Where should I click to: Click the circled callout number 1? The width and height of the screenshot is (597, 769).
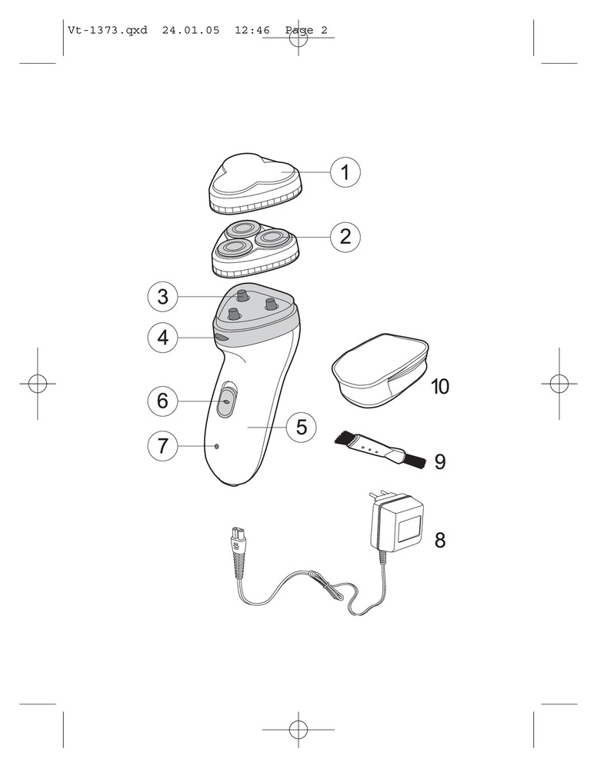tap(345, 172)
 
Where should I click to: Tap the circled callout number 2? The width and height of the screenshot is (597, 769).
tap(345, 237)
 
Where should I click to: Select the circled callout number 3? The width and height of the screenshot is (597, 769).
tap(163, 296)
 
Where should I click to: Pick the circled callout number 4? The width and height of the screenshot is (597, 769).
tap(163, 338)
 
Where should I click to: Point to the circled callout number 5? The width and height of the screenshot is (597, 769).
tap(302, 427)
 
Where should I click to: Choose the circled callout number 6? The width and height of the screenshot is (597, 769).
tap(163, 401)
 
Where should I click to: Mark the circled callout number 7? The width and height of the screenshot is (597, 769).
tap(163, 446)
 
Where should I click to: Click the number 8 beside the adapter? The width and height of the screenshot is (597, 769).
tap(440, 540)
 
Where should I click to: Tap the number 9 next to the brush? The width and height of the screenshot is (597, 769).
tap(440, 461)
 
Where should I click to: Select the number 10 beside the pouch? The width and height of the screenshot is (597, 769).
tap(440, 387)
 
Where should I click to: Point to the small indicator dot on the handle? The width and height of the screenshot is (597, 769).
tap(216, 446)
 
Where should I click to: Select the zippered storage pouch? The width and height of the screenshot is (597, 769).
tap(380, 371)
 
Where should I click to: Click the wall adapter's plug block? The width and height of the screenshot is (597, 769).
tap(396, 524)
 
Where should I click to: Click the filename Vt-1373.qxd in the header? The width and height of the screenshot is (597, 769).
tap(108, 31)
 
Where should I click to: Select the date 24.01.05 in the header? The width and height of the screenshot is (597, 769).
tap(191, 31)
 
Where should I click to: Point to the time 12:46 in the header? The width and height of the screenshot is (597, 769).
tap(252, 31)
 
